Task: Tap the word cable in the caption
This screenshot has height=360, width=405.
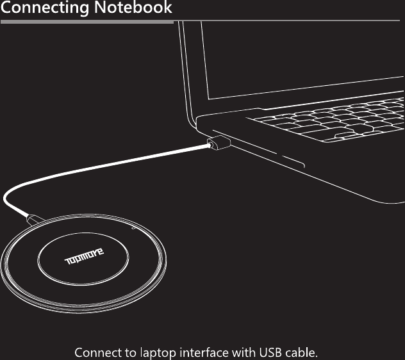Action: (303, 352)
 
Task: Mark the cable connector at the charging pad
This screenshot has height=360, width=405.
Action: (33, 222)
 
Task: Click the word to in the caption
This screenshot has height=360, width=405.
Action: (131, 352)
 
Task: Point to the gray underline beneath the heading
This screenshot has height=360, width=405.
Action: (87, 22)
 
